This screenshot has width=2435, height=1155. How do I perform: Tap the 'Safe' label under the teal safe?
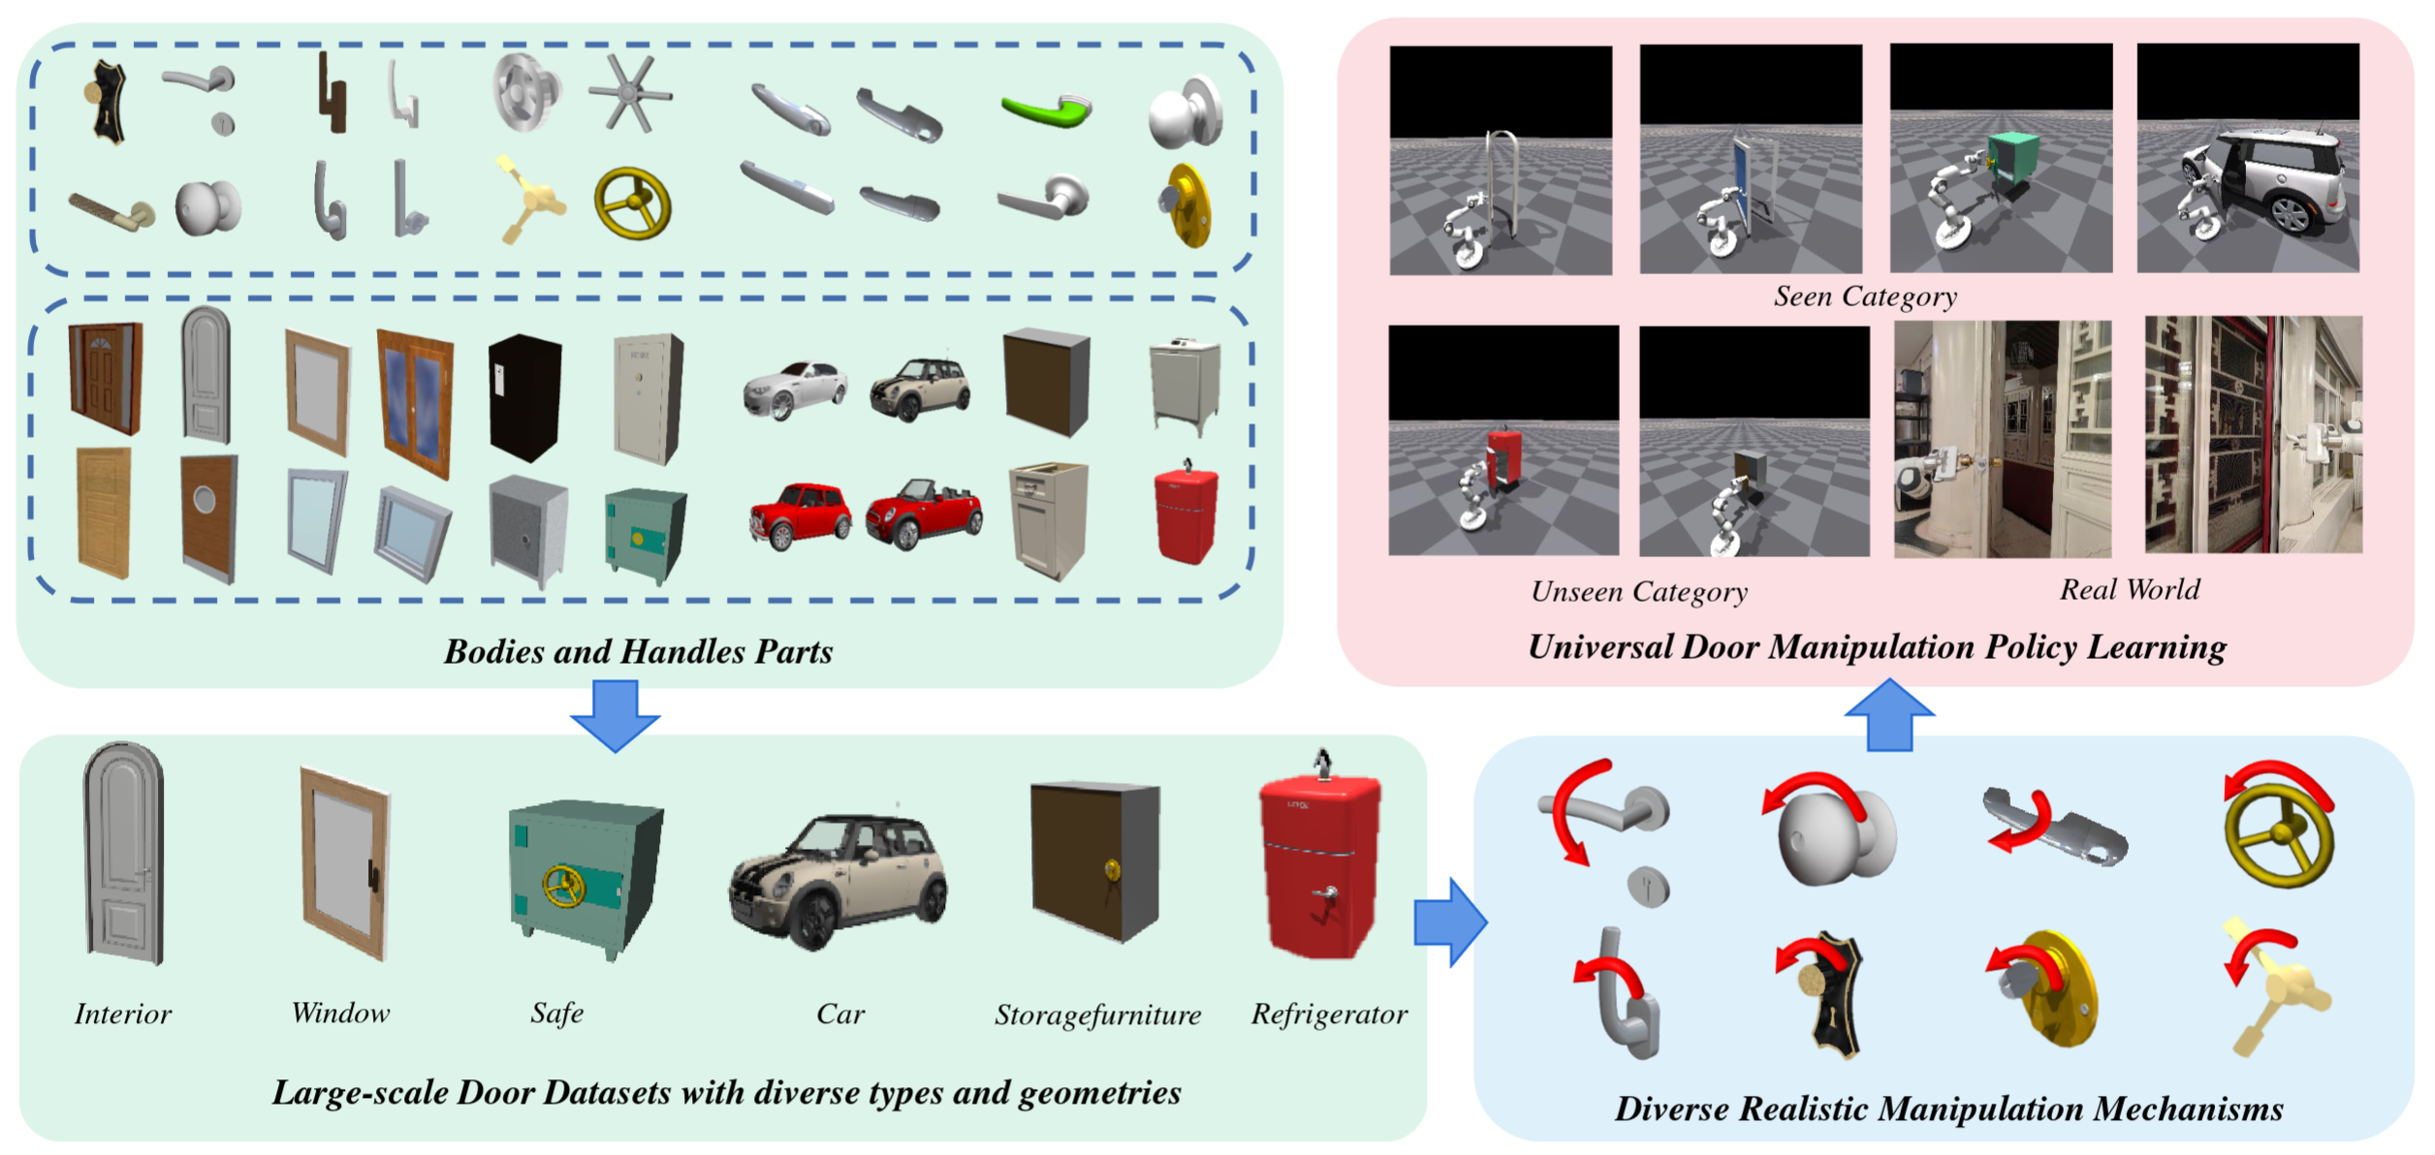[x=557, y=1014]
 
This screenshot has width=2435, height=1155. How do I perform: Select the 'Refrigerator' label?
[x=1328, y=1015]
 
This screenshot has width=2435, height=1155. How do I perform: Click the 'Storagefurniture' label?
[x=1097, y=1015]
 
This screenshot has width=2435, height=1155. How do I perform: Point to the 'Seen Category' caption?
[x=1865, y=297]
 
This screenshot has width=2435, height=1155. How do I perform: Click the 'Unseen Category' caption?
[x=1639, y=592]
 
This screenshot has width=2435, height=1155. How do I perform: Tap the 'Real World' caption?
[x=2130, y=590]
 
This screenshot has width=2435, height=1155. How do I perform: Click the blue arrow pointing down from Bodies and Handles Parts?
[x=616, y=715]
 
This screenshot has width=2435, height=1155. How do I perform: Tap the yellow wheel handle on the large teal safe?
[x=563, y=886]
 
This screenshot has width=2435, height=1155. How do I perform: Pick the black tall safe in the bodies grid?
[x=524, y=396]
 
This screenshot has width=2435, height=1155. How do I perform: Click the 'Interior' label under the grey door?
[x=123, y=1015]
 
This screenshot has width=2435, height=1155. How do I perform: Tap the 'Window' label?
[x=340, y=1014]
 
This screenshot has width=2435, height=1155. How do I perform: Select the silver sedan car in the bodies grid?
[x=795, y=389]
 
